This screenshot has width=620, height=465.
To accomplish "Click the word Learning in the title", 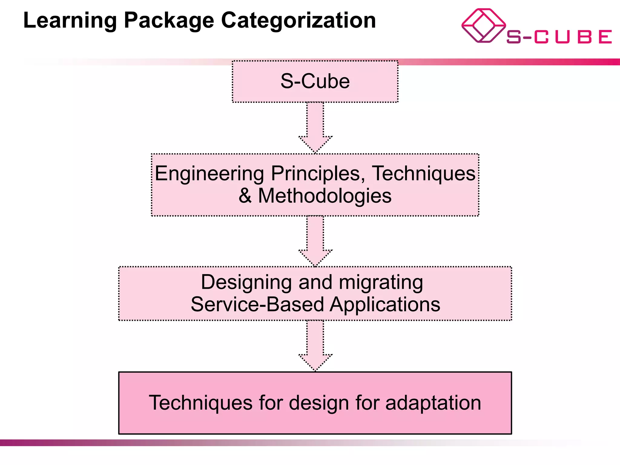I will click(x=70, y=21).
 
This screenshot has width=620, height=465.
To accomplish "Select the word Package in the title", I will click(x=169, y=21).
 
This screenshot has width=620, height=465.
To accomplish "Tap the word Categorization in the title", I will click(x=298, y=21).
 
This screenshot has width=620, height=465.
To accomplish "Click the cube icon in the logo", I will click(x=483, y=26).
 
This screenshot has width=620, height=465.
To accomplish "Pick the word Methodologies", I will click(x=325, y=196).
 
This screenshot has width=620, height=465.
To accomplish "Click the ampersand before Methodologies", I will click(x=245, y=196).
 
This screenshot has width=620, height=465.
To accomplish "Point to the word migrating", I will click(x=381, y=282).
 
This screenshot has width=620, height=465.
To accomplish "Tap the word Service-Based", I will click(x=257, y=304).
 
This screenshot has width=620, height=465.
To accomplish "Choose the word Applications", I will click(x=385, y=305).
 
